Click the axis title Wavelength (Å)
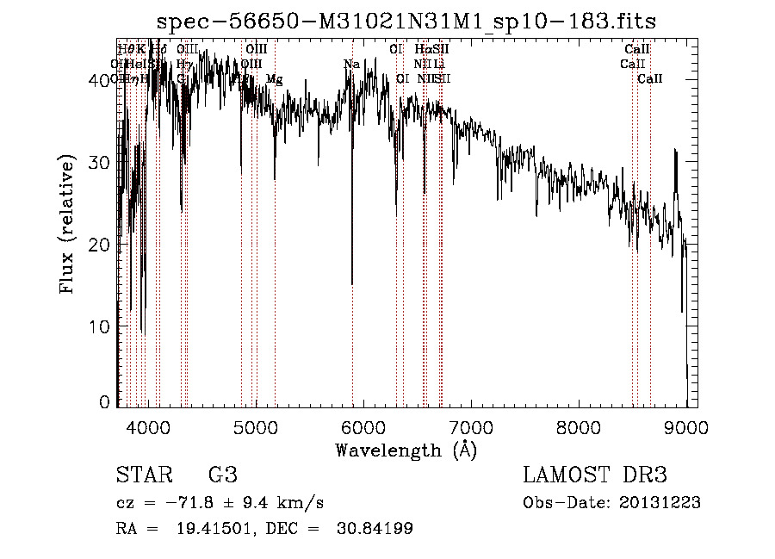pos(406,450)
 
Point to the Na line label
pos(351,64)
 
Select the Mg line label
pos(274,79)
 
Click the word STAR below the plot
pos(143,475)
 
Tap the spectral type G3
pos(223,475)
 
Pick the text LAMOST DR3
pos(595,475)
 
